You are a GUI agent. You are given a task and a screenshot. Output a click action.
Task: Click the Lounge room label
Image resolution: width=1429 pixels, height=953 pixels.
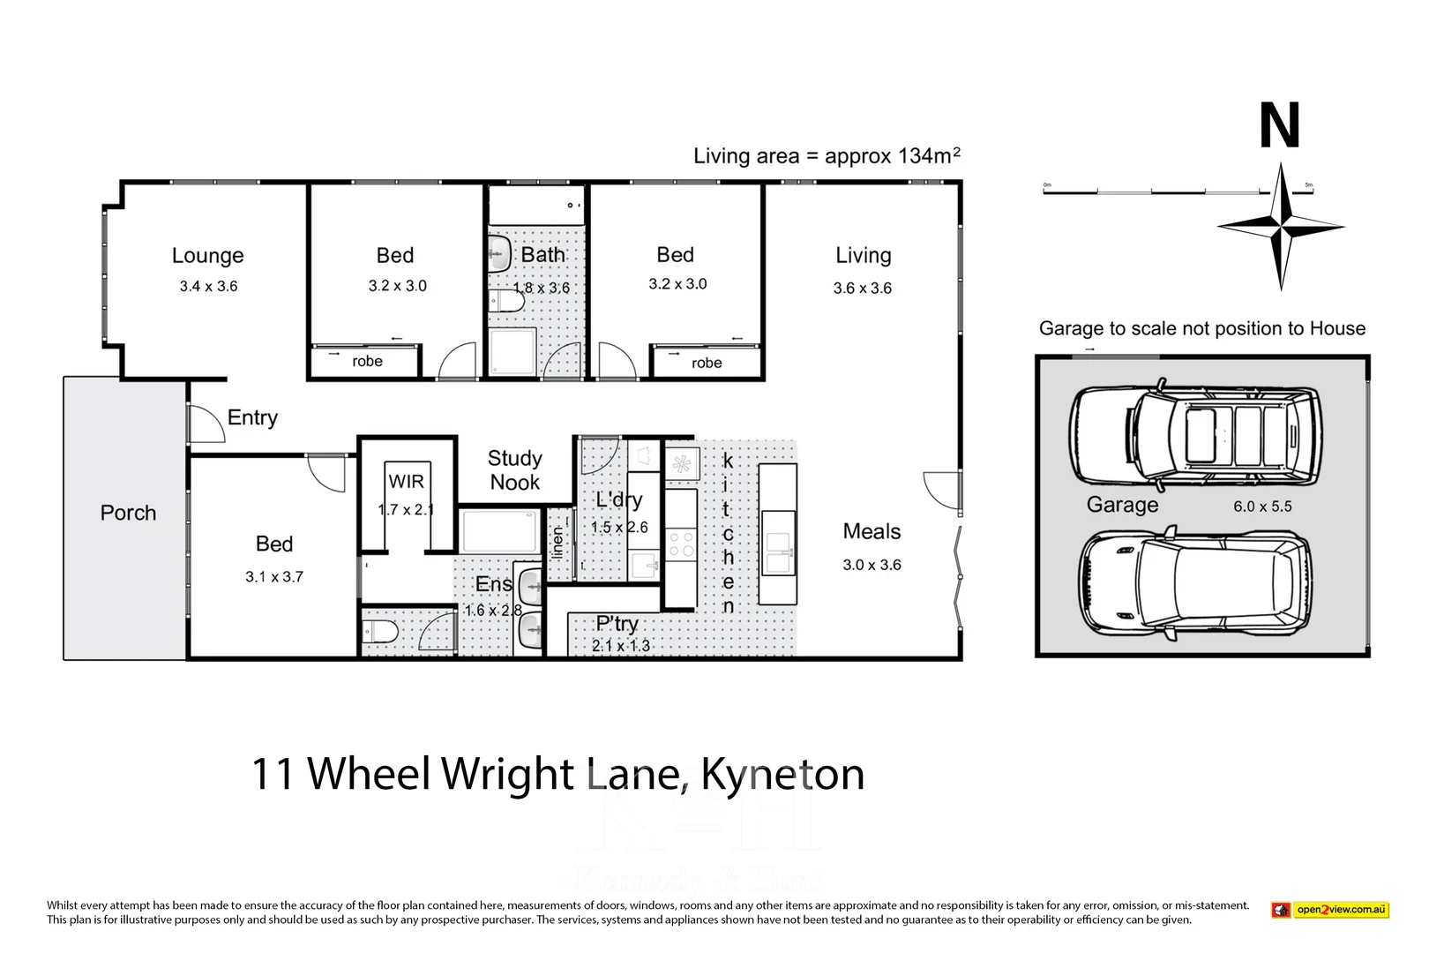[x=207, y=256]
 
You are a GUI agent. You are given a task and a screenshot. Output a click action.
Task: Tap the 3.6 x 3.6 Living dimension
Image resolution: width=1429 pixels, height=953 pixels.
[x=862, y=289]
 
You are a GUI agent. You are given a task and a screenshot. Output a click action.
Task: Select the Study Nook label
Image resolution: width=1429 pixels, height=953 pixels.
[x=515, y=470]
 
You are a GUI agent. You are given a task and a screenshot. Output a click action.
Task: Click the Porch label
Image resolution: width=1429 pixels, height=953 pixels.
[x=128, y=513]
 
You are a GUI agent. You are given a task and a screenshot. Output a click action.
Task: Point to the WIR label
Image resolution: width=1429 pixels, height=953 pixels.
[x=406, y=482]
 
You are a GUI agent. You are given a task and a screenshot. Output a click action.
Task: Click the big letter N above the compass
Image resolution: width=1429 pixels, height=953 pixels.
[x=1279, y=126]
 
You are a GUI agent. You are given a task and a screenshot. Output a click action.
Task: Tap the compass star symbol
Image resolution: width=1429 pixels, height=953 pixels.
[x=1281, y=227]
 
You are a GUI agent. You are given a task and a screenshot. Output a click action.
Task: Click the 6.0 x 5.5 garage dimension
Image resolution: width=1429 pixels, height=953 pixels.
[x=1262, y=507]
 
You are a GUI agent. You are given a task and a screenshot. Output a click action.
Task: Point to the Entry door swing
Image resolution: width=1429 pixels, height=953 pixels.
[x=206, y=424]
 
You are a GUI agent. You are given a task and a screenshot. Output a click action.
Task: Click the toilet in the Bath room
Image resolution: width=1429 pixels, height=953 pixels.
[x=506, y=302]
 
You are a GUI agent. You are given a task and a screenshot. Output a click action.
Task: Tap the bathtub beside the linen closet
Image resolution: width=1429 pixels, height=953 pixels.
[x=499, y=530]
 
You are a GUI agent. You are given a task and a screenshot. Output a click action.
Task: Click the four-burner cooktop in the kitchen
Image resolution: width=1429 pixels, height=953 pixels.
[x=681, y=544]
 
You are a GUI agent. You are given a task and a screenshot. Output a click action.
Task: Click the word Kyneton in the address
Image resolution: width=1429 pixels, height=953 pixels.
[x=782, y=774]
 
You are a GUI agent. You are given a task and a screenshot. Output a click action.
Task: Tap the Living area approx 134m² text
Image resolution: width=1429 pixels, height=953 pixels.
[x=827, y=156]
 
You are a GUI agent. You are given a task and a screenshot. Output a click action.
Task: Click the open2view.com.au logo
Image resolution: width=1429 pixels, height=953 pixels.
[x=1329, y=910]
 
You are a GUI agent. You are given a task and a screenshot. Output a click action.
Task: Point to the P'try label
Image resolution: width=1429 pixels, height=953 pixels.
[x=617, y=624]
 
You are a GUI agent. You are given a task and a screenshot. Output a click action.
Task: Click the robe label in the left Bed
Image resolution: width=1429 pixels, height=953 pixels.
[x=367, y=362]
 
